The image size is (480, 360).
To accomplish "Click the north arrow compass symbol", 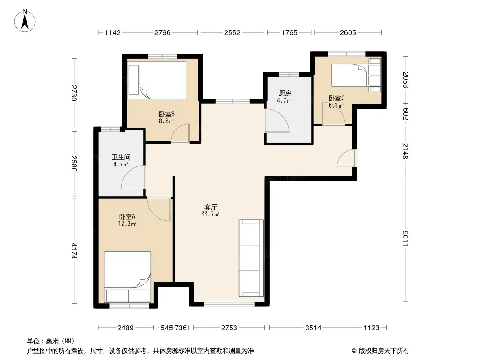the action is pyautogui.click(x=25, y=21).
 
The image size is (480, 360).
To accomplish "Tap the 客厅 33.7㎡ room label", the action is pyautogui.click(x=210, y=211).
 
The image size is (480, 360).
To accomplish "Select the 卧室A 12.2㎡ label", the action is pyautogui.click(x=127, y=220).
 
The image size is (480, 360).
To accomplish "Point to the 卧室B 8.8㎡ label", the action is pyautogui.click(x=167, y=117).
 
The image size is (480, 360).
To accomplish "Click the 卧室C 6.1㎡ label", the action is pyautogui.click(x=336, y=102).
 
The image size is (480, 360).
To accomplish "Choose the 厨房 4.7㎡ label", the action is pyautogui.click(x=285, y=97).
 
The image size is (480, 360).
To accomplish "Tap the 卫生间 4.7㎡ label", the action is pyautogui.click(x=121, y=161).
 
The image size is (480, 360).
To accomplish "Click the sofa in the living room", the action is pyautogui.click(x=251, y=258).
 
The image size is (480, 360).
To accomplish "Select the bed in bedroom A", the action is pyautogui.click(x=127, y=277).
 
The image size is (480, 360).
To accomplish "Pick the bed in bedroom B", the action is pyautogui.click(x=157, y=80).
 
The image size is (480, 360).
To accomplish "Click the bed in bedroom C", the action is pyautogui.click(x=356, y=75).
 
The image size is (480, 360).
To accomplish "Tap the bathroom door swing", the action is pyautogui.click(x=133, y=177).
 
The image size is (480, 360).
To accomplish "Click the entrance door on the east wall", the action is pyautogui.click(x=346, y=158).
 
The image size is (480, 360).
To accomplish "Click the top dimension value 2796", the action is pyautogui.click(x=162, y=32).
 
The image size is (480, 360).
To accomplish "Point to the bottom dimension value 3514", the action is pyautogui.click(x=313, y=328).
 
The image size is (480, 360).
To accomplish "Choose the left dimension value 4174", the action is pyautogui.click(x=74, y=251).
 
